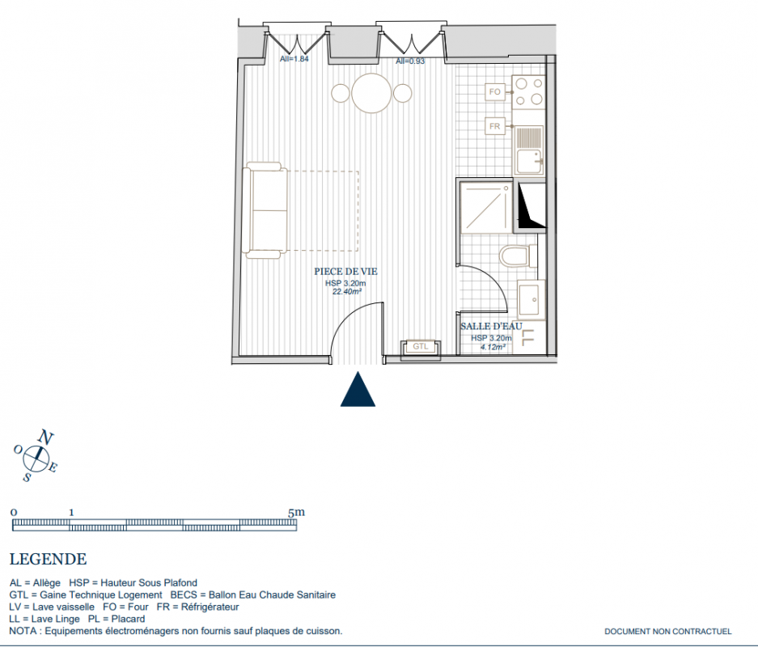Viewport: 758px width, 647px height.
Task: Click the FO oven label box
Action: pos(494,92)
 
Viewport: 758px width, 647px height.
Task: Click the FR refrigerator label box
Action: pos(494,126)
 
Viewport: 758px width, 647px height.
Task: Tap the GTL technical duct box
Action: pos(421,346)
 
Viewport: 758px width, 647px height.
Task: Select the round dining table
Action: pos(371,93)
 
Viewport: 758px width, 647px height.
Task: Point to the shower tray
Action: pos(485,206)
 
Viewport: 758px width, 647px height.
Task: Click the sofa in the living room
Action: pos(265,210)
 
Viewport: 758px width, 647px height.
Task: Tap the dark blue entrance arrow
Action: pos(358,390)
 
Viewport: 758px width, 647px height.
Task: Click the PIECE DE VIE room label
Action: pos(345,272)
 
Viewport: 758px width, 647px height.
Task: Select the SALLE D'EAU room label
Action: pos(492,327)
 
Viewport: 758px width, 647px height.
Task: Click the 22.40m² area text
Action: pos(346,292)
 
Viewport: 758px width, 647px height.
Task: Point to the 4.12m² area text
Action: pos(493,347)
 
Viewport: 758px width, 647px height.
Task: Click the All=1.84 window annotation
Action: pos(294,59)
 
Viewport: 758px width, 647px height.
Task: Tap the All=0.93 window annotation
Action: pos(410,61)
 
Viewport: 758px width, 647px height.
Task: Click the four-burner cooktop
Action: pos(529,92)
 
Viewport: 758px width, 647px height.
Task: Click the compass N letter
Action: pos(45,438)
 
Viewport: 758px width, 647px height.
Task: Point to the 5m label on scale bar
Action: pos(296,512)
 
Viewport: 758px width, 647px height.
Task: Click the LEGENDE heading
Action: pos(49,559)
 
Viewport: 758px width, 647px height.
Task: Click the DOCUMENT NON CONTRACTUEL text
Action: pos(668,631)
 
